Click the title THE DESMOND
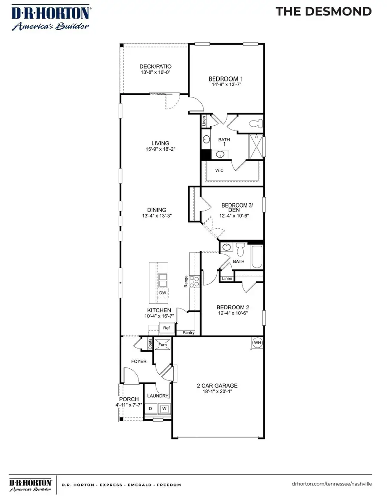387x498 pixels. click(x=323, y=12)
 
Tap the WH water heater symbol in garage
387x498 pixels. click(x=258, y=343)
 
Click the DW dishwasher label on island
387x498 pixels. click(x=163, y=293)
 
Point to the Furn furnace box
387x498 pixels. click(x=163, y=344)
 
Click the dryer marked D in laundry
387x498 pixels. click(x=150, y=408)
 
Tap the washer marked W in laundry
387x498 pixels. click(x=164, y=408)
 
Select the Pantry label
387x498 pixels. click(x=188, y=333)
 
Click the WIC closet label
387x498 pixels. click(x=219, y=170)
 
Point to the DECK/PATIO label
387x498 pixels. click(x=155, y=66)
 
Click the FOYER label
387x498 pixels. click(x=139, y=361)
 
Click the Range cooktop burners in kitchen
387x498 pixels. click(x=195, y=280)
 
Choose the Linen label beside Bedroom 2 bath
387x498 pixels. click(x=227, y=279)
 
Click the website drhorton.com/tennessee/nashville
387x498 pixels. click(x=332, y=484)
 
